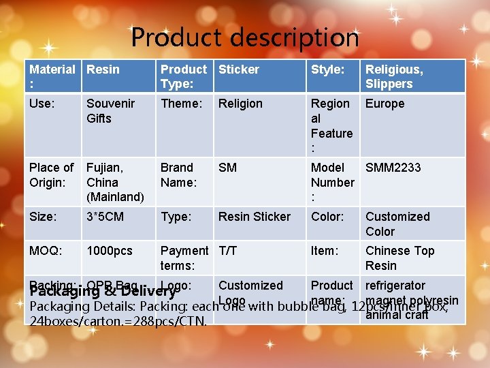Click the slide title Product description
click(x=245, y=37)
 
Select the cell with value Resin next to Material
click(x=103, y=70)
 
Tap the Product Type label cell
click(x=184, y=76)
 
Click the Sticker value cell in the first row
click(x=239, y=70)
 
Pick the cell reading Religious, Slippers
click(x=395, y=76)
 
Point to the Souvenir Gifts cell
click(x=110, y=110)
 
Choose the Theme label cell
click(x=182, y=104)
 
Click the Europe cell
click(x=385, y=104)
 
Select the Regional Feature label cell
click(x=332, y=125)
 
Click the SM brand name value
click(x=228, y=168)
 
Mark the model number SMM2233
click(x=393, y=168)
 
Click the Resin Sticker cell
click(x=254, y=217)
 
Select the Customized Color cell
click(x=397, y=224)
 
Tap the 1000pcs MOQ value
click(x=110, y=251)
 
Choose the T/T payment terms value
click(x=228, y=251)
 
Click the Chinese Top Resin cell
click(x=399, y=258)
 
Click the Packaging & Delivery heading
click(x=102, y=292)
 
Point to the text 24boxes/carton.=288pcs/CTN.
click(x=119, y=321)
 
